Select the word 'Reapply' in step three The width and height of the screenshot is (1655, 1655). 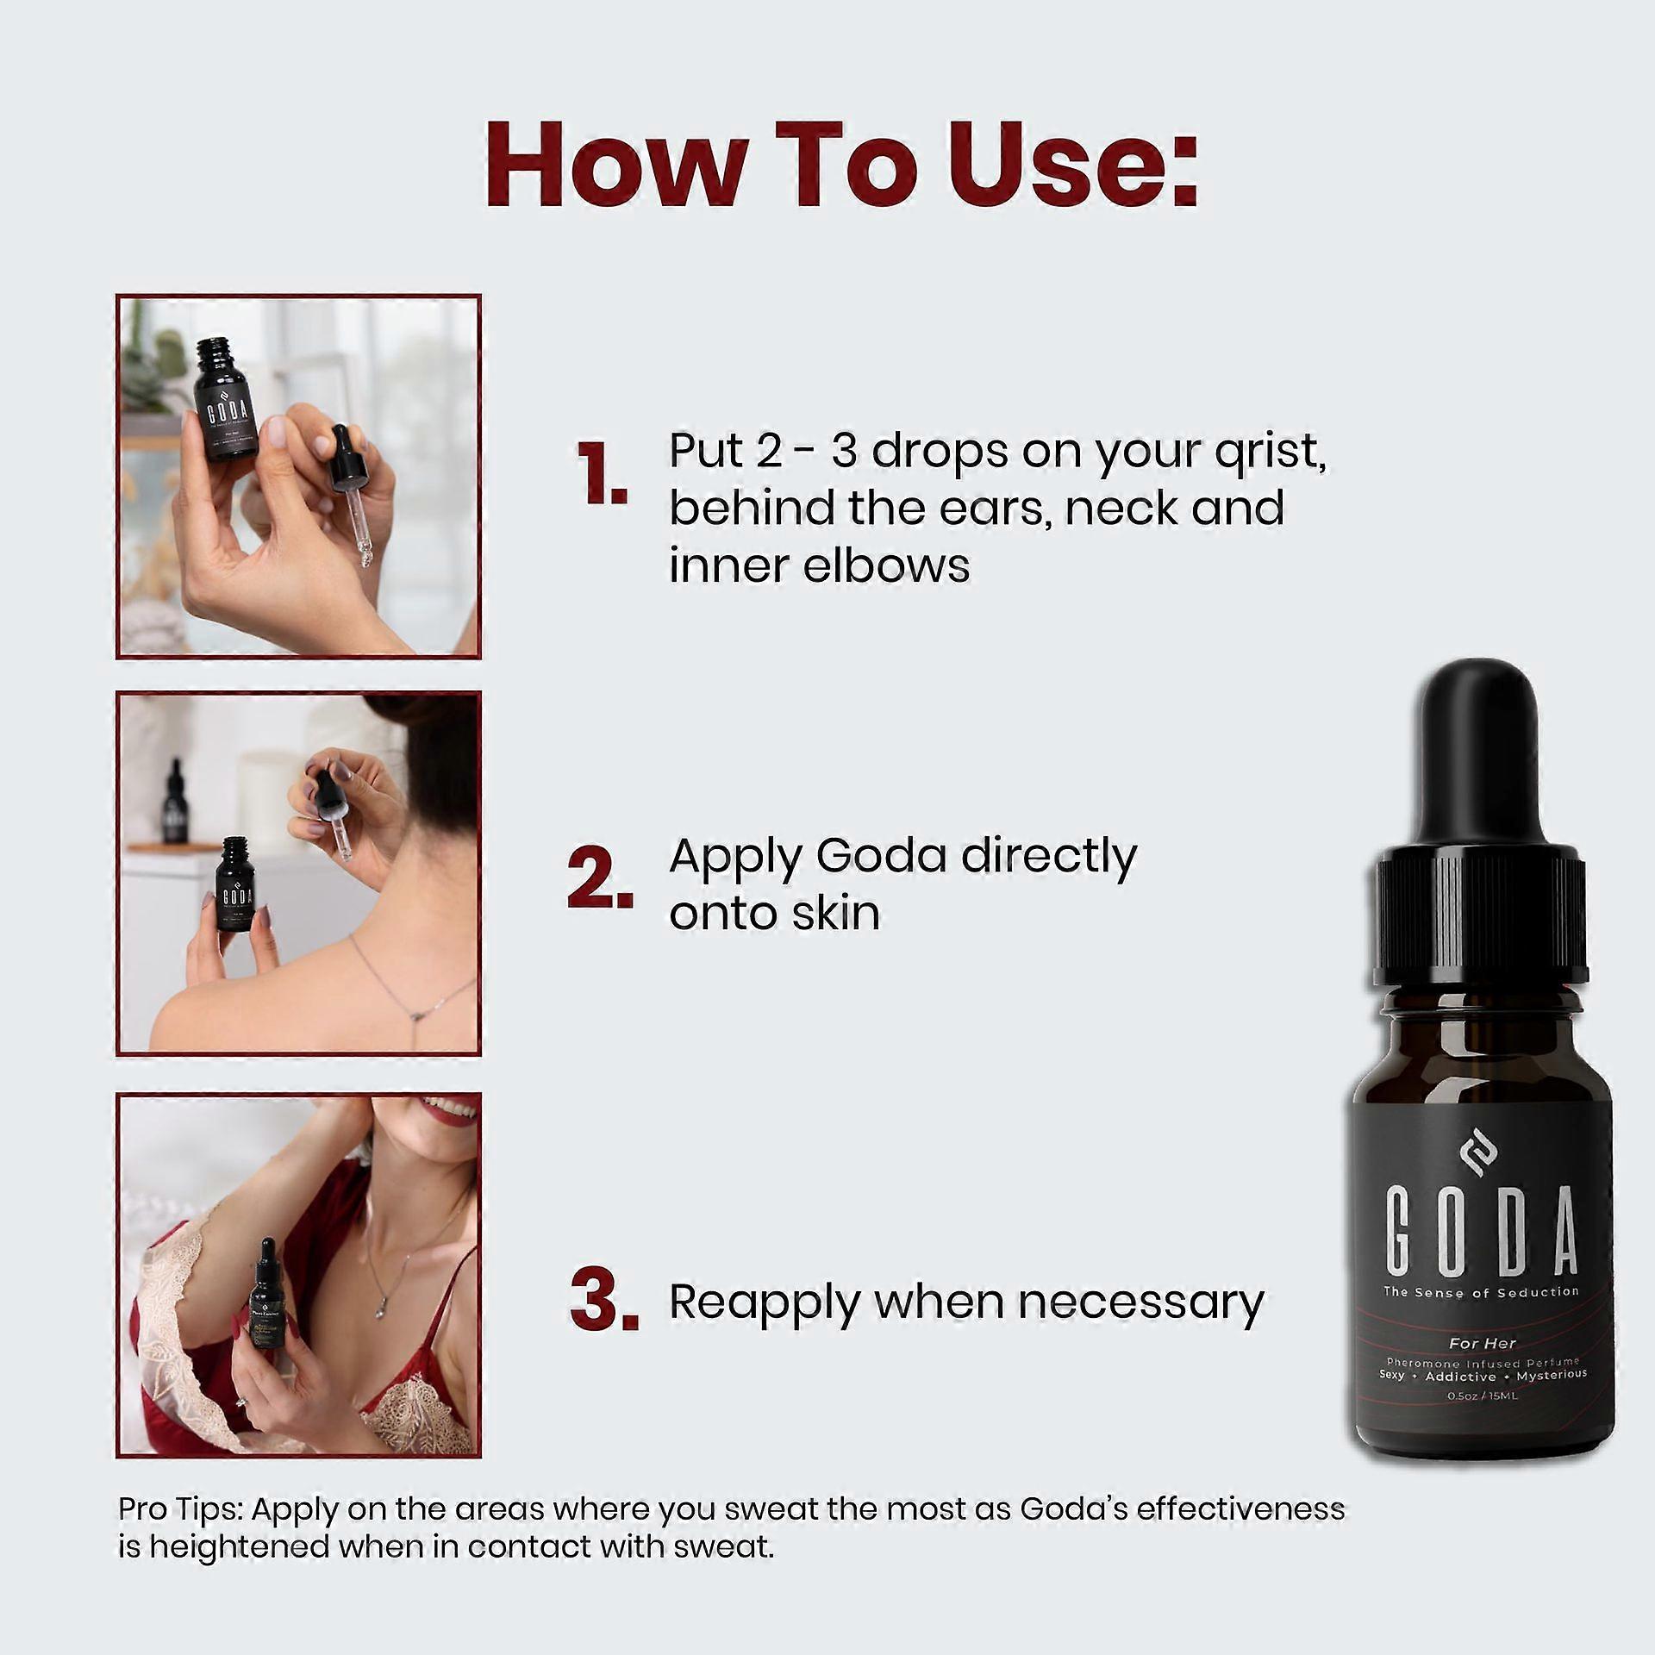(763, 1302)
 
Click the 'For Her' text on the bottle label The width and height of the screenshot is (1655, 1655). (1482, 1342)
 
